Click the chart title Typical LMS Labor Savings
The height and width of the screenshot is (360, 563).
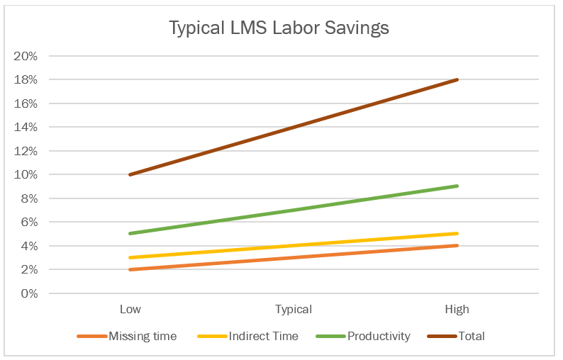point(279,29)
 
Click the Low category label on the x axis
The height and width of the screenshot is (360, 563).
point(130,310)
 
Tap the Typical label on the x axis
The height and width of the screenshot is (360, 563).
point(294,310)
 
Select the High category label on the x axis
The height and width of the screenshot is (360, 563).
point(457,310)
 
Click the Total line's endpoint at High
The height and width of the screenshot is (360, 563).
point(457,79)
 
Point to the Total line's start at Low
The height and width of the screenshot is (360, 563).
point(130,174)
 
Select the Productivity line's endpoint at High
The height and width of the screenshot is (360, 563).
point(457,186)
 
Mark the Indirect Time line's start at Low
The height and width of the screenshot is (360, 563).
point(130,257)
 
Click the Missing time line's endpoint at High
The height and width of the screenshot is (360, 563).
point(457,246)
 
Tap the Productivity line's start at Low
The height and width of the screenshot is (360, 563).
point(130,234)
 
